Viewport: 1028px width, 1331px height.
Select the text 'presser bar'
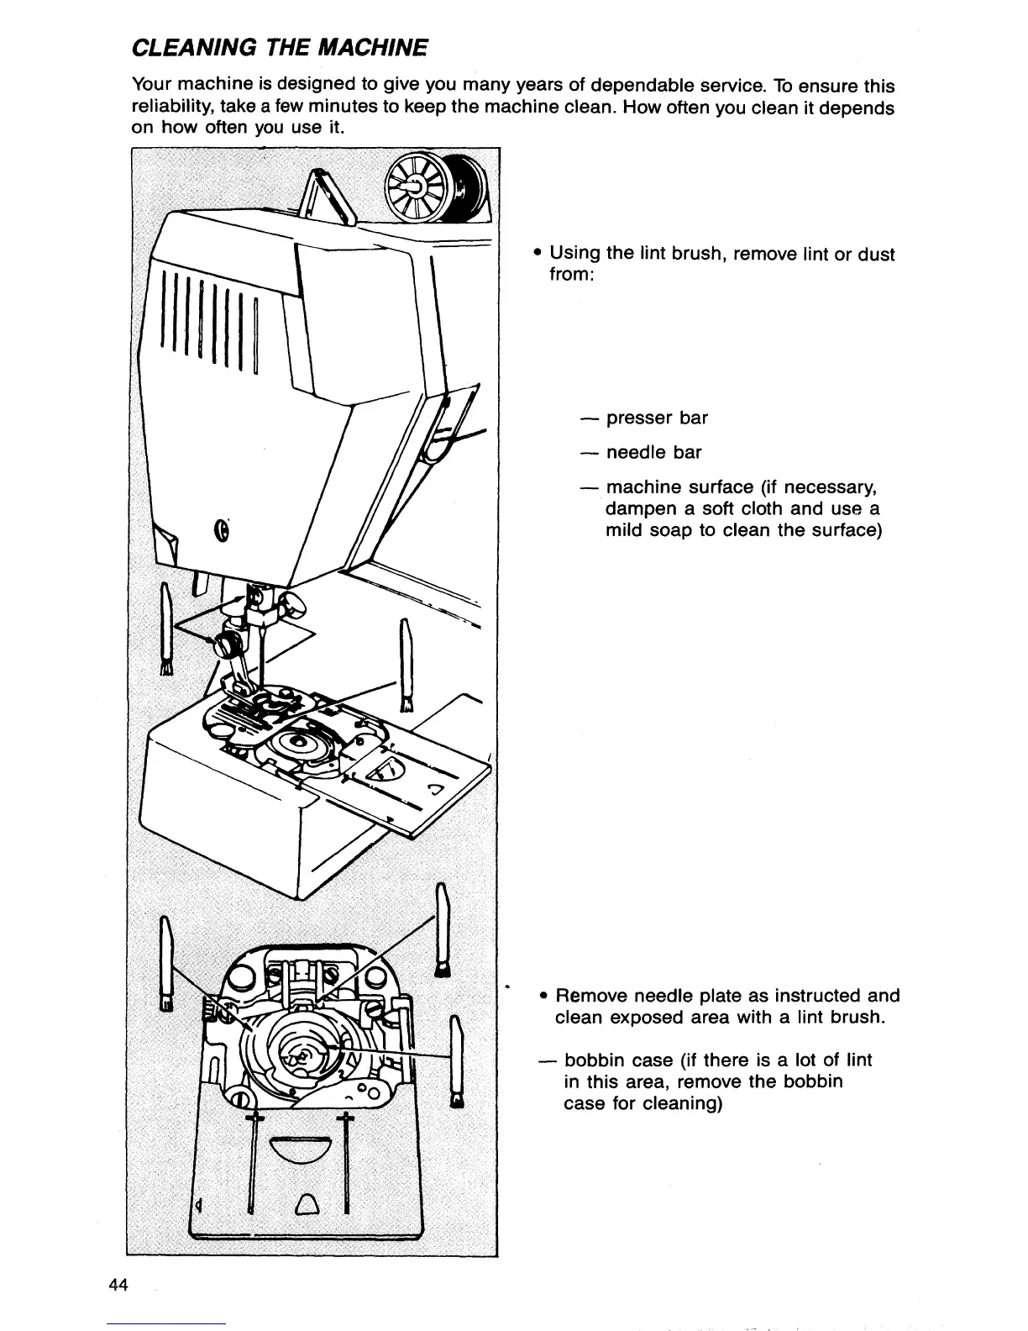[657, 418]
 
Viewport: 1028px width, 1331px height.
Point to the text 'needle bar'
[653, 452]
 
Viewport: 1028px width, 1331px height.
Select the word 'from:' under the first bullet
[572, 275]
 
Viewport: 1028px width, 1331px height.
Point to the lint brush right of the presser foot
[406, 665]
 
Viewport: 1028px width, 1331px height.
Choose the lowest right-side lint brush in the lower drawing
[457, 1064]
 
